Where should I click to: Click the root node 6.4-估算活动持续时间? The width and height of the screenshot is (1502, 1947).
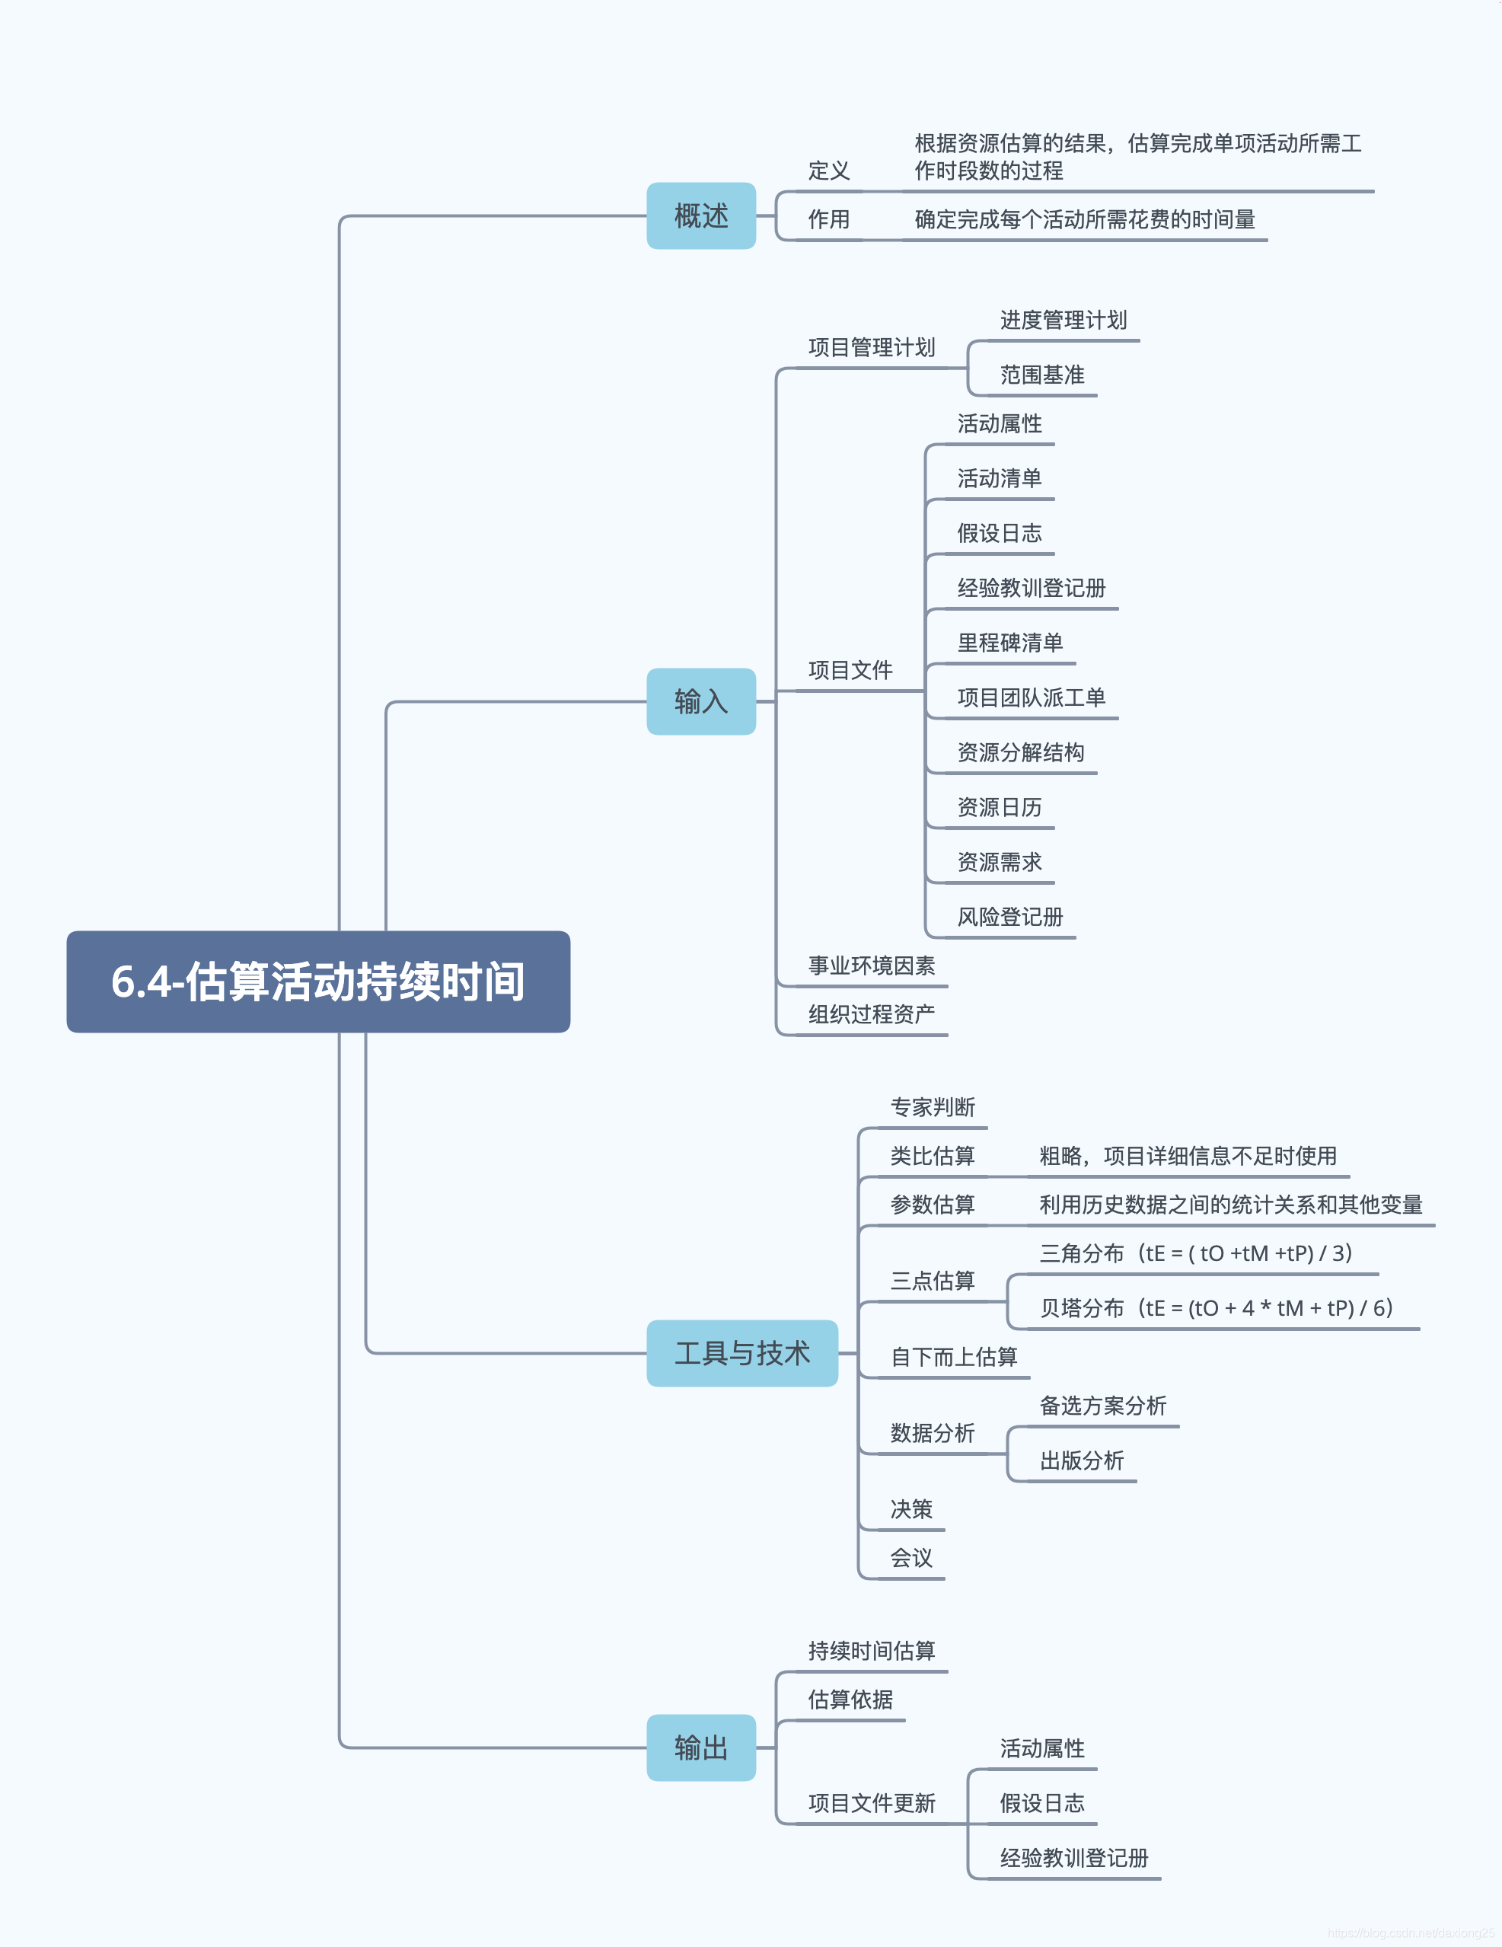coord(318,981)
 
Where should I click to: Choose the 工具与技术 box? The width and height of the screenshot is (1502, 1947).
coord(741,1353)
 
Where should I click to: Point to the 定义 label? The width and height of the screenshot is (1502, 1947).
coord(828,171)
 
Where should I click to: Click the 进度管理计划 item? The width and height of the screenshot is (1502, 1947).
coord(1063,320)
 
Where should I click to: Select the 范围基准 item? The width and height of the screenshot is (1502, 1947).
coord(1041,375)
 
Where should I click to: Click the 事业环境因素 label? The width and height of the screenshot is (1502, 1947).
coord(871,966)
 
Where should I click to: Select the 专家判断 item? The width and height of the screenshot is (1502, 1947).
coord(933,1107)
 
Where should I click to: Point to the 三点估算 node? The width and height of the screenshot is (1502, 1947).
coord(933,1281)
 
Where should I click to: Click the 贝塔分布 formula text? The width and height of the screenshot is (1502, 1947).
coord(1215,1308)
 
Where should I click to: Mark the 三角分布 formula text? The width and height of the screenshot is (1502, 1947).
coord(1195,1253)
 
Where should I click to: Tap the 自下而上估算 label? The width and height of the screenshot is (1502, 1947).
coord(954,1357)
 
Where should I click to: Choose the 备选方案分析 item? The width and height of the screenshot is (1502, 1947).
coord(1102,1406)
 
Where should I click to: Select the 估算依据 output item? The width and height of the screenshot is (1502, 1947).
coord(850,1700)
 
